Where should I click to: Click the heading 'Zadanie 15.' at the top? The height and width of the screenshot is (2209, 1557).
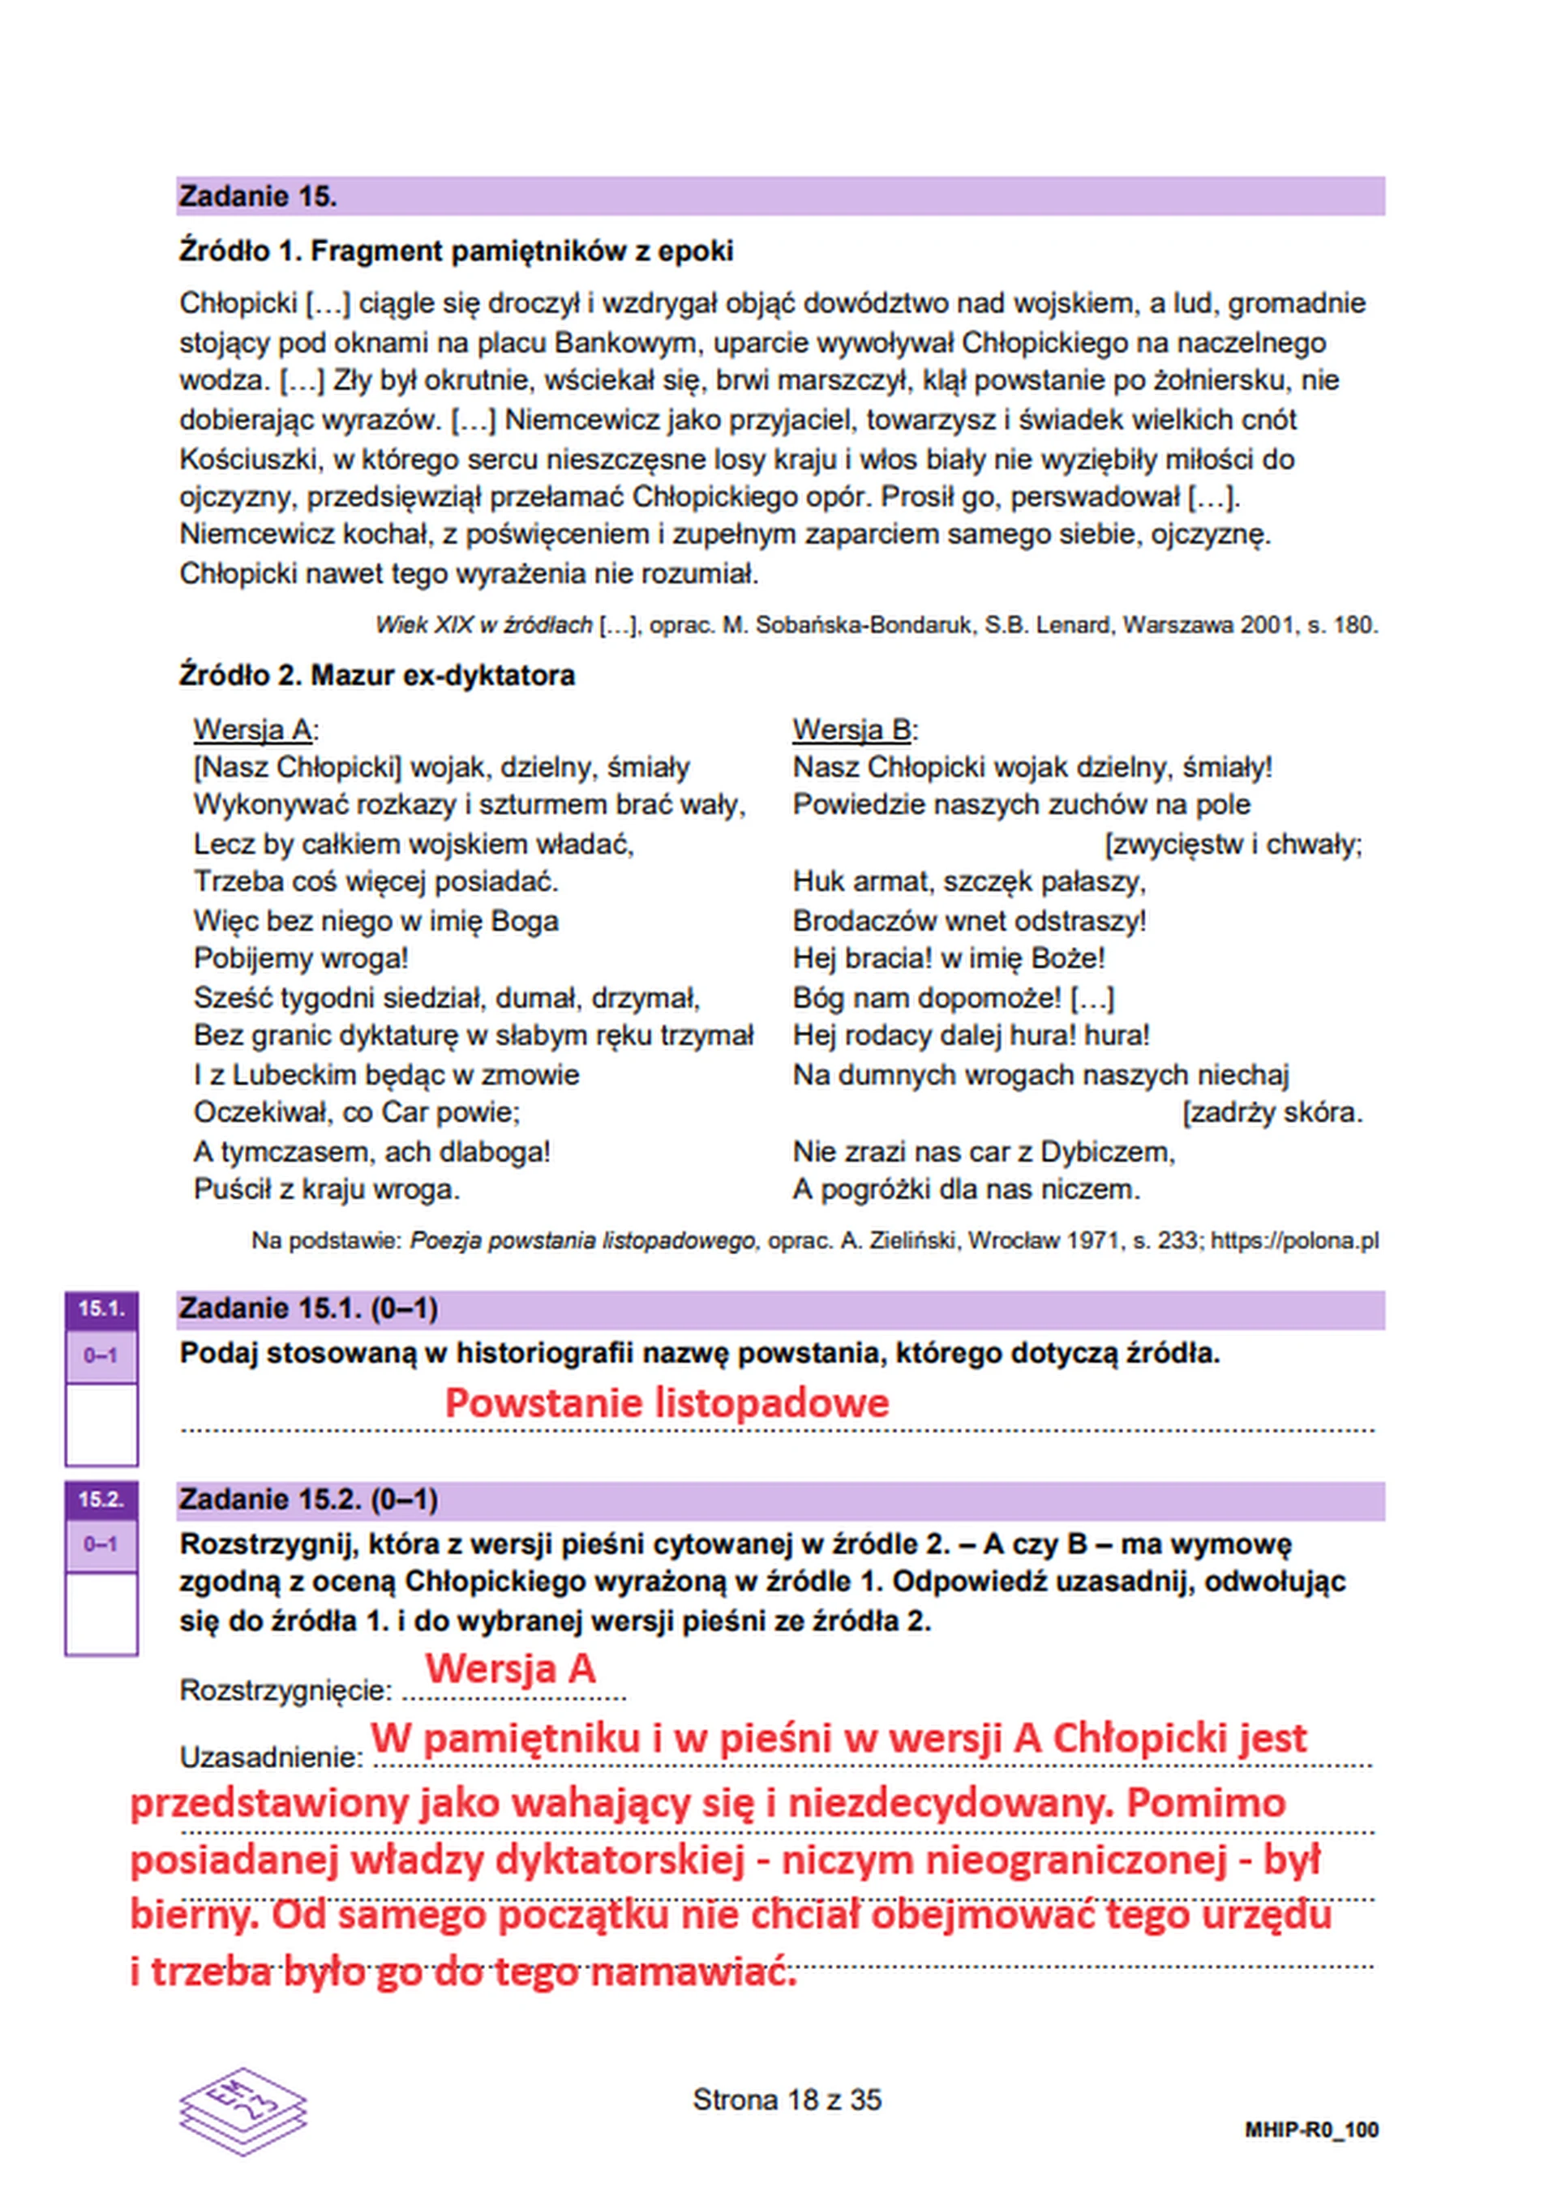click(258, 197)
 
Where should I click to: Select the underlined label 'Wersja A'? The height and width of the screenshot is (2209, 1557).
click(253, 730)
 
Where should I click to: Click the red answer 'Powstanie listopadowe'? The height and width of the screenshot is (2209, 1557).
click(666, 1402)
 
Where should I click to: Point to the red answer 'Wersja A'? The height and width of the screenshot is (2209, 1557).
click(510, 1667)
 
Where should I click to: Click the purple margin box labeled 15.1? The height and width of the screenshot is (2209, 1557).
click(101, 1308)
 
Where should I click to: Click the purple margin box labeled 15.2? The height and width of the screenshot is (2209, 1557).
click(101, 1499)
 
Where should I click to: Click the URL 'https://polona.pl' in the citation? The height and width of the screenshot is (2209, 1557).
click(1294, 1241)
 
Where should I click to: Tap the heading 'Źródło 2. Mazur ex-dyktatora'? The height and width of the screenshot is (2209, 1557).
click(376, 675)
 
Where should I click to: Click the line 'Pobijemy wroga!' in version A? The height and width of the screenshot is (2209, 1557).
click(301, 958)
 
